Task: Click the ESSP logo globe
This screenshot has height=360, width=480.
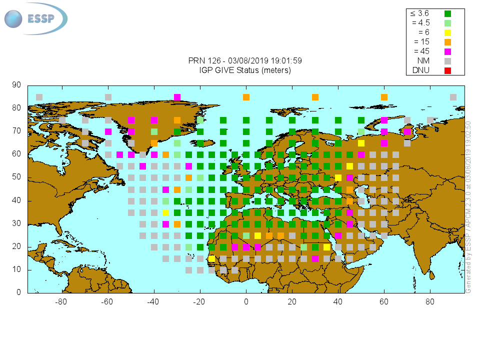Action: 14,19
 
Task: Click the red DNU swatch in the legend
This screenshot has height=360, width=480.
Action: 447,70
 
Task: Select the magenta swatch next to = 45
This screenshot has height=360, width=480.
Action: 447,51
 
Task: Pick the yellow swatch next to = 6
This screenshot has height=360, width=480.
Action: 447,32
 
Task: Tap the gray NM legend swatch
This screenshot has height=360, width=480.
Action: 447,61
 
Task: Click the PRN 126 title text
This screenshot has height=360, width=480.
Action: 245,60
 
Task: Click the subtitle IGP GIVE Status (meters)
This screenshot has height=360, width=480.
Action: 245,70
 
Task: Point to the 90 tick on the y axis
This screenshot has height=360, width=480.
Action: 16,85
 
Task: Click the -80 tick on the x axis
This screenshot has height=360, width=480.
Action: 61,301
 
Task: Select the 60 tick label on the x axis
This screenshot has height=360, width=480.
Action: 384,301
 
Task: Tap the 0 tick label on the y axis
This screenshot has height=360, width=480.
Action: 19,292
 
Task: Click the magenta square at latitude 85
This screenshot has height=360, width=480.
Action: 177,97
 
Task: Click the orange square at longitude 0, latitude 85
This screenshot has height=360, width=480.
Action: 246,97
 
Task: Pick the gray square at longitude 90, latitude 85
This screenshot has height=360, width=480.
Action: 453,97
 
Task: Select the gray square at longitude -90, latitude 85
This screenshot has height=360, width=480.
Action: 39,97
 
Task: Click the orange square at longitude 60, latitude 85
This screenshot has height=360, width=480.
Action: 384,97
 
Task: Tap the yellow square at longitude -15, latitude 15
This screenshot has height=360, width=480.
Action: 211,258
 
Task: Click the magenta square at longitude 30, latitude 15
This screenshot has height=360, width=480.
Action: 315,258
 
